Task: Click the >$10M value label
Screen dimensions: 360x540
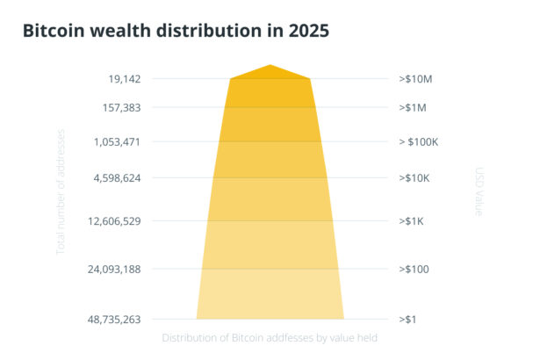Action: coord(415,79)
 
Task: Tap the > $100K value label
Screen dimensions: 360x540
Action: coord(418,141)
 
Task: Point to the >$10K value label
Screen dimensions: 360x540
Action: coord(415,178)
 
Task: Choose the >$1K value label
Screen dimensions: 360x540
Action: coord(413,220)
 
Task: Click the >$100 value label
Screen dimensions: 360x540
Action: coord(414,269)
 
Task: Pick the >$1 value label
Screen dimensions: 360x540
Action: coord(407,320)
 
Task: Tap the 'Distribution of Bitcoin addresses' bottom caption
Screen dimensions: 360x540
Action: coord(270,337)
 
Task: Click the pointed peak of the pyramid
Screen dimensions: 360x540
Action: coord(270,66)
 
